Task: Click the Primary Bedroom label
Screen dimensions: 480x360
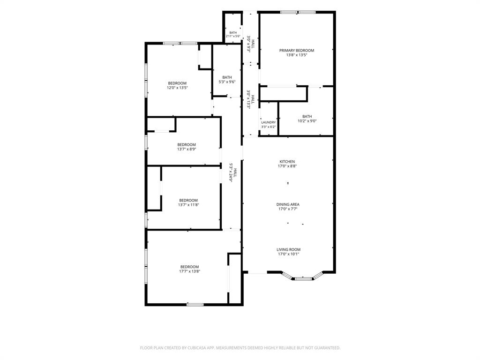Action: tap(297, 51)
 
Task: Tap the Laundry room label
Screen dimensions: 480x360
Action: tap(269, 122)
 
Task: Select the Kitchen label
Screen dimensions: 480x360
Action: tap(287, 162)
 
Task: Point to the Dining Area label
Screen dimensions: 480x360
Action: tap(288, 204)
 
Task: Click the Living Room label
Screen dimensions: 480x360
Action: tap(288, 249)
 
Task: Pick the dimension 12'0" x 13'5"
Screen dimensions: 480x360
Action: tap(177, 88)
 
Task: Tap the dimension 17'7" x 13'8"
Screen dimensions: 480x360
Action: tap(189, 271)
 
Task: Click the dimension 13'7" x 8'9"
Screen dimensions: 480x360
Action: tap(187, 150)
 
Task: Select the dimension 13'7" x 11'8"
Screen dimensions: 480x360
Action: tap(188, 205)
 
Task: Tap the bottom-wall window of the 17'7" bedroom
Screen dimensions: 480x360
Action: tap(195, 304)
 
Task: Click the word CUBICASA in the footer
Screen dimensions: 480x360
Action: tap(198, 348)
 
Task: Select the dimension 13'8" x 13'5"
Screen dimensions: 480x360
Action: tap(297, 55)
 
